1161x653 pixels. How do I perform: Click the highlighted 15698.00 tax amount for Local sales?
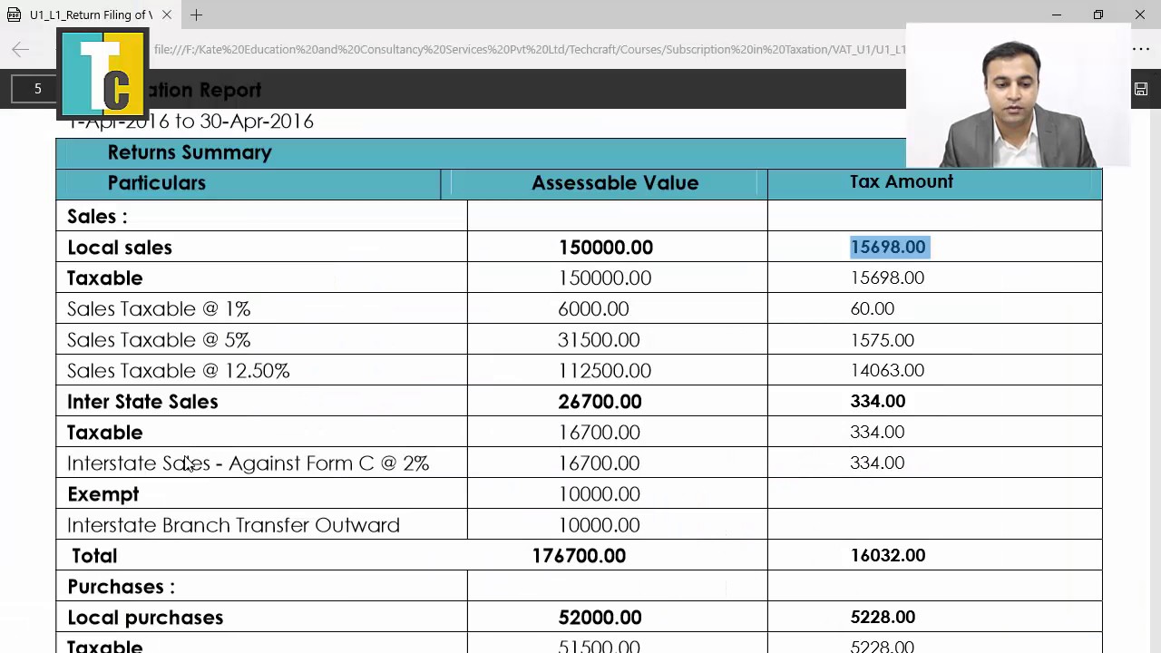click(888, 248)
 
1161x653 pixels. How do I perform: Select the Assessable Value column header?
click(614, 183)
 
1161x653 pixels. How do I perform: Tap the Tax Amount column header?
click(901, 182)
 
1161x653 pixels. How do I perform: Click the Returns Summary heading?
click(190, 152)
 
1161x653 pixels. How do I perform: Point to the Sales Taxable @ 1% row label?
click(159, 309)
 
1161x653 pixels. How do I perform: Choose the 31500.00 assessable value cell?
click(599, 340)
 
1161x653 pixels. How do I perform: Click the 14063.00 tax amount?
click(886, 371)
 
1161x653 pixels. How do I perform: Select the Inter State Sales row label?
click(142, 402)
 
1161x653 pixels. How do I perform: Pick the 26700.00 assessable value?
click(600, 402)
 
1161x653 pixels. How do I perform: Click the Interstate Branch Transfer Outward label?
click(233, 525)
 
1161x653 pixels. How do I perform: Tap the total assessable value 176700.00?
click(579, 556)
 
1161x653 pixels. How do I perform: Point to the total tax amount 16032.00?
click(887, 556)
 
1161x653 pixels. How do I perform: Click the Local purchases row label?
click(145, 618)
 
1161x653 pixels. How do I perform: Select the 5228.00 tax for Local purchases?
click(882, 618)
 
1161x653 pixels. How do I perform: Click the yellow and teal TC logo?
click(102, 74)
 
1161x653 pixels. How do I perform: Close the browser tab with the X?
click(167, 15)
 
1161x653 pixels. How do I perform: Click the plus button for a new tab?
click(196, 15)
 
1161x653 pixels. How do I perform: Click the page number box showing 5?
click(38, 89)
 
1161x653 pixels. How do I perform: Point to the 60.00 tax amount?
click(872, 309)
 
